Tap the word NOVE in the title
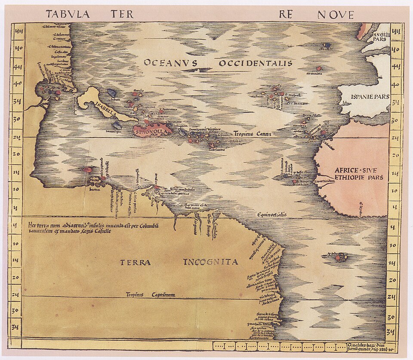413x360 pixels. (335, 15)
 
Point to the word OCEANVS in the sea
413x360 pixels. (170, 63)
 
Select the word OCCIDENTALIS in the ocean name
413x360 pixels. (256, 64)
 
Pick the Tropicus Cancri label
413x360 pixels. (252, 133)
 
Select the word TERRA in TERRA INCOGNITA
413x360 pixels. (135, 262)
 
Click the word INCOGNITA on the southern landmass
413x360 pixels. (210, 262)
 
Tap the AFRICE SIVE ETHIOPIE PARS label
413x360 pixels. (355, 173)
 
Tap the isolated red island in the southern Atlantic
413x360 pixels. (339, 258)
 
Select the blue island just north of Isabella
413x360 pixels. (112, 92)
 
